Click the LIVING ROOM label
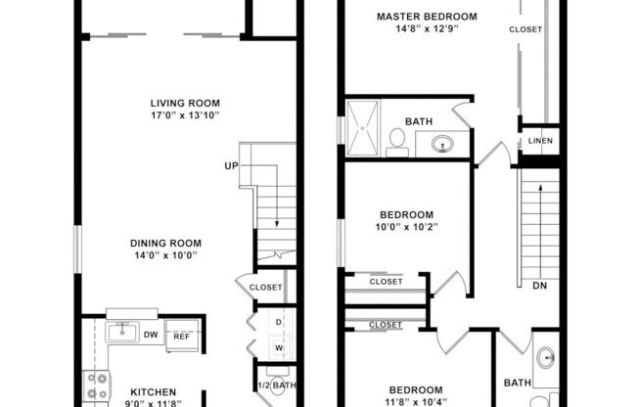[x=184, y=103]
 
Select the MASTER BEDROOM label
[x=427, y=17]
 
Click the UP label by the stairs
[x=231, y=165]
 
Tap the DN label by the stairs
[x=539, y=287]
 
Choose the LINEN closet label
[x=540, y=141]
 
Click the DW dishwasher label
[x=151, y=335]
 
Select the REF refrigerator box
[x=182, y=337]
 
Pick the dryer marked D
[x=278, y=322]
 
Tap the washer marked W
[x=278, y=347]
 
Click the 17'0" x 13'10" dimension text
[x=184, y=115]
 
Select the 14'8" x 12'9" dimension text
[x=427, y=29]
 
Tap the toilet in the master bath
[x=397, y=142]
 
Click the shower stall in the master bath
[x=360, y=127]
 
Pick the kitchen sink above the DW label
[x=123, y=330]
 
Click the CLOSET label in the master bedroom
[x=524, y=30]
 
